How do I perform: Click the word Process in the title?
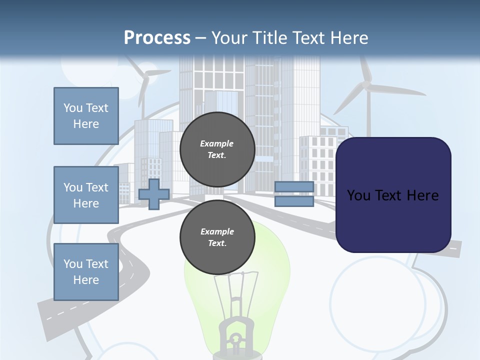click(x=157, y=37)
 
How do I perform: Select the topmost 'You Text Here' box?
click(x=86, y=116)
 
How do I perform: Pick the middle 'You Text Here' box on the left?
click(x=86, y=195)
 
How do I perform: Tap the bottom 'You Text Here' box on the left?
click(x=86, y=272)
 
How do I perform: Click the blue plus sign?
click(x=154, y=194)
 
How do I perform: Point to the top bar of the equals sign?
click(x=294, y=187)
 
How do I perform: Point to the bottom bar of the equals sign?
click(x=294, y=201)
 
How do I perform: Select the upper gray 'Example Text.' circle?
click(x=217, y=149)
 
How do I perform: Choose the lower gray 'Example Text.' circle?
click(x=217, y=237)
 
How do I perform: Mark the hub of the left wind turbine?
click(x=146, y=76)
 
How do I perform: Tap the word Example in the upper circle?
click(x=217, y=143)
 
